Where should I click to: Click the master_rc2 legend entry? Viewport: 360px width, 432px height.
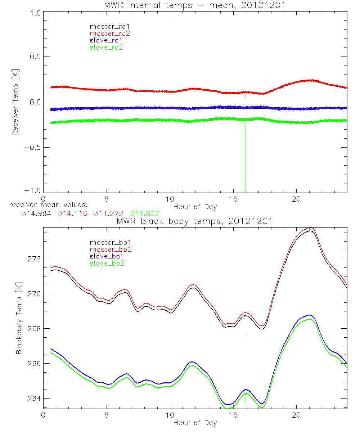tap(110, 33)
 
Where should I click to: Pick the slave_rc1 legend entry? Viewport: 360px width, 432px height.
tap(106, 40)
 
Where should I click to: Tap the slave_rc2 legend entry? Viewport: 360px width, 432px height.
tap(106, 47)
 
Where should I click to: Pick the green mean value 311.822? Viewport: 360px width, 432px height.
tap(145, 214)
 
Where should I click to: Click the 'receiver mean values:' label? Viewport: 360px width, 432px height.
tap(46, 205)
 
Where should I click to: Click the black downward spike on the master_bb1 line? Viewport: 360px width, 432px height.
tap(245, 328)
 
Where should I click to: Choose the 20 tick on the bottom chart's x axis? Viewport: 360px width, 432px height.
tap(296, 414)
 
